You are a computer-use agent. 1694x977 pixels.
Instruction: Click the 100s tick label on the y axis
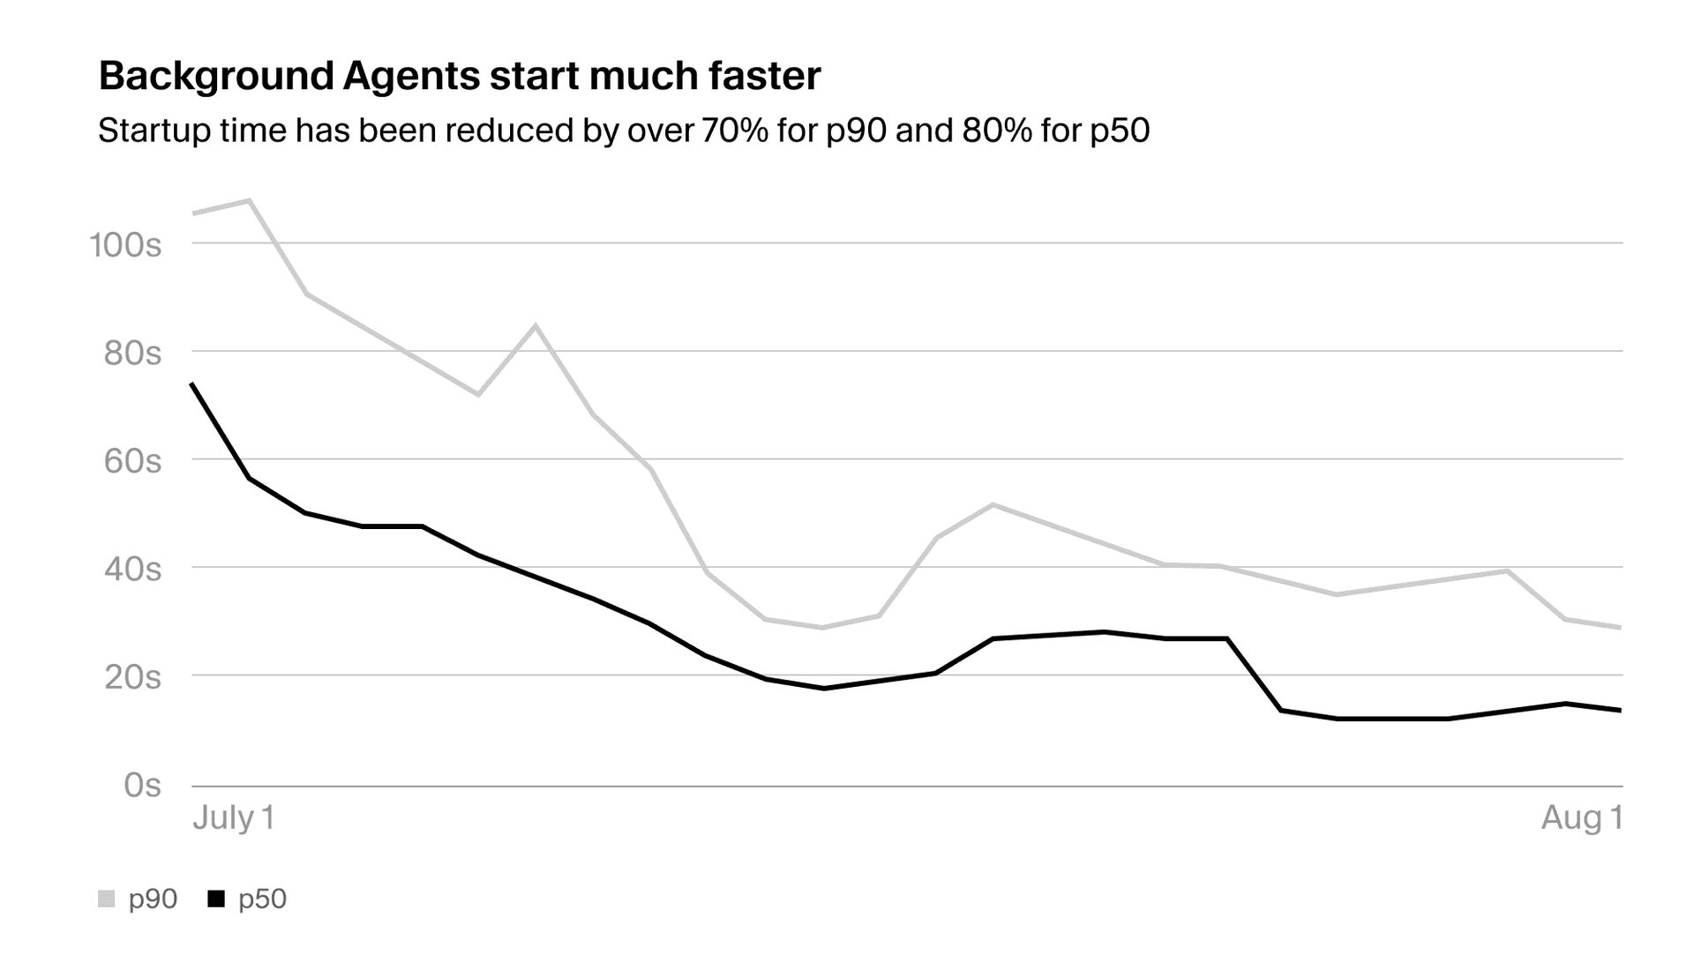(125, 244)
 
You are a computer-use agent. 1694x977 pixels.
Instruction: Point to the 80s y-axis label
(132, 353)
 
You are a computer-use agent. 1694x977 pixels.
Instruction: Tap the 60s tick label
(132, 460)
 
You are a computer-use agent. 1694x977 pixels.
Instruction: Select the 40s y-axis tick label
(132, 569)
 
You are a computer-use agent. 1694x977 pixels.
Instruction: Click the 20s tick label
(132, 677)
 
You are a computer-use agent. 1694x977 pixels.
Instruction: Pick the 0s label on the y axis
(142, 785)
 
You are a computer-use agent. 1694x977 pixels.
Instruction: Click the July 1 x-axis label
(234, 817)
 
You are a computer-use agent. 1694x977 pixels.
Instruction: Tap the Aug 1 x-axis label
(1581, 817)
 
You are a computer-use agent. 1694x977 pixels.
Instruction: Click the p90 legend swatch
(107, 899)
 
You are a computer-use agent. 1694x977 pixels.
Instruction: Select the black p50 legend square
(216, 899)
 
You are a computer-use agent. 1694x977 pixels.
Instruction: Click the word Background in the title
(214, 77)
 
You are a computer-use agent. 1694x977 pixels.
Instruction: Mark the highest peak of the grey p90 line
(249, 200)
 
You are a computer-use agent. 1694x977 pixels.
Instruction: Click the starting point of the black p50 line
(192, 384)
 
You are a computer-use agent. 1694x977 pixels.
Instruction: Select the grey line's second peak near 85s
(536, 325)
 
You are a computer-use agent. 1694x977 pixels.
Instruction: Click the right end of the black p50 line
(1621, 710)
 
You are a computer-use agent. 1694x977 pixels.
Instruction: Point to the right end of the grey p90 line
(1621, 627)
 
